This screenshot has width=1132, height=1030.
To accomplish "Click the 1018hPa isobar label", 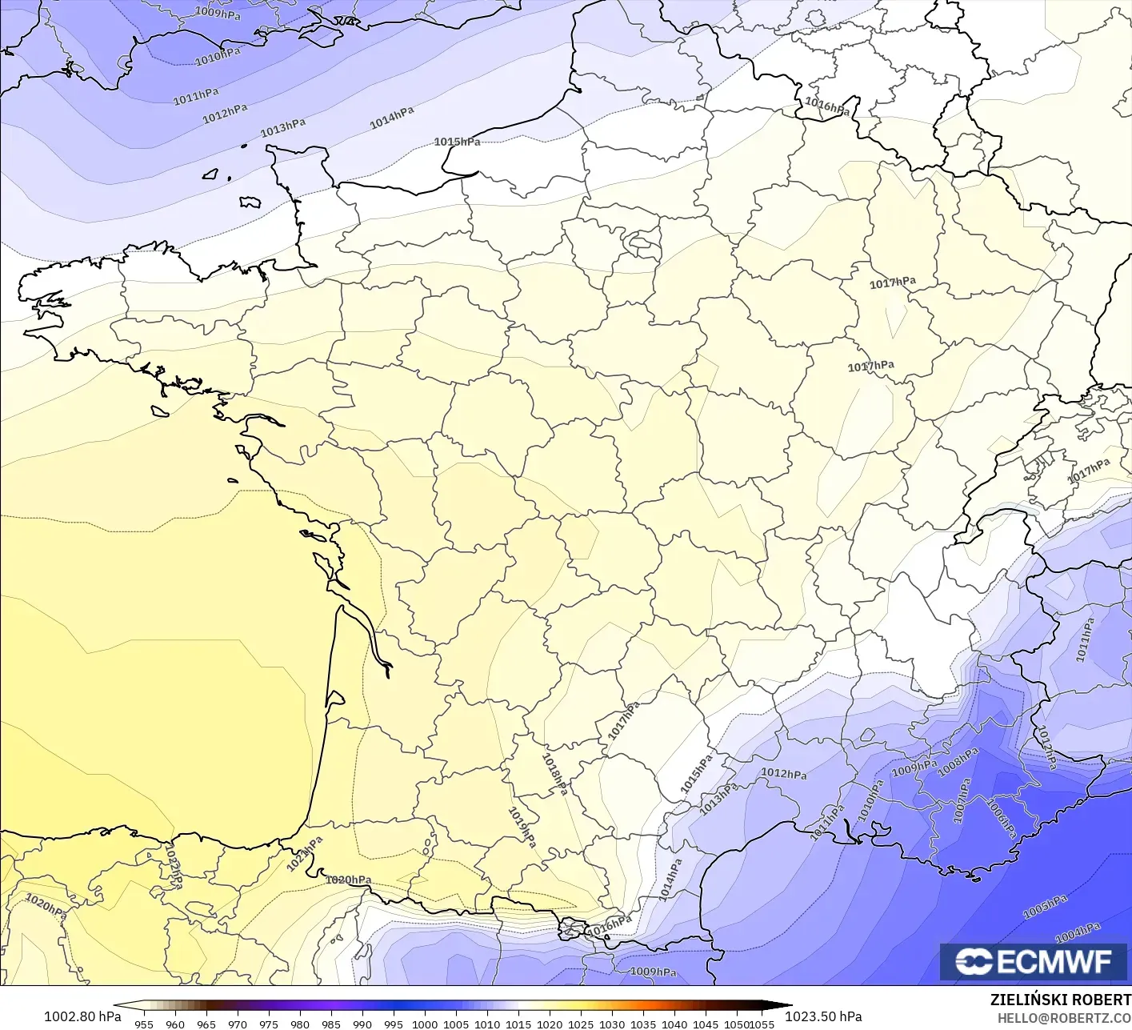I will coord(554,774).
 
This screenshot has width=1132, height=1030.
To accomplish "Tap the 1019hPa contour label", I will coord(522,828).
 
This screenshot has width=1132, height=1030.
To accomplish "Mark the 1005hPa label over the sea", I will coord(1045,907).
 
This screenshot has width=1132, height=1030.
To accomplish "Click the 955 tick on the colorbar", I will coord(144,1024).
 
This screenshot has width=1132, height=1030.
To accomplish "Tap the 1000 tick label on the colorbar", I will coord(425,1024).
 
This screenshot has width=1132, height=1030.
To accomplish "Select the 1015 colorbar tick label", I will coord(518,1024).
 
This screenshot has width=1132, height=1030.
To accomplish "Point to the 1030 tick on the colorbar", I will coord(612,1024).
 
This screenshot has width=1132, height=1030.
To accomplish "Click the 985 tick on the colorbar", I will coord(331,1024).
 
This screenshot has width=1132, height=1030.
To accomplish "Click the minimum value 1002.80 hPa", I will coord(82,1016).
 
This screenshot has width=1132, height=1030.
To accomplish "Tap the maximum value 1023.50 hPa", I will coord(823,1016).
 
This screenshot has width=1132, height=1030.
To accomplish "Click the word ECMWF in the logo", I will coord(1054,961).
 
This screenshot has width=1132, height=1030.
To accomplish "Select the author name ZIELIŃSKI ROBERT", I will coord(1060,1000).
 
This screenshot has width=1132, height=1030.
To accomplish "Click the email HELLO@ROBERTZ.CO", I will coord(1064,1017).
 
